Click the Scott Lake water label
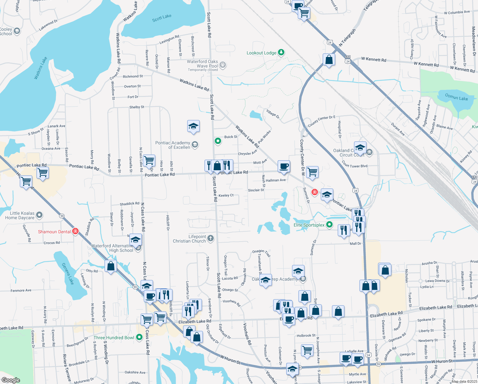(x=162, y=18)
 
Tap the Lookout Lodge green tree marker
(x=281, y=52)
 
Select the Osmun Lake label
(x=456, y=97)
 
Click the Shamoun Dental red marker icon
(x=75, y=231)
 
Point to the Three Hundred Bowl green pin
(x=139, y=337)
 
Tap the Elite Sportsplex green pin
(x=329, y=225)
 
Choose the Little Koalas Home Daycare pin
(x=39, y=215)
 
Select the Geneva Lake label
(x=68, y=274)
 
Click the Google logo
(x=11, y=380)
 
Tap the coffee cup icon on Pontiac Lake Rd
(x=284, y=166)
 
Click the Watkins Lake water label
(x=41, y=68)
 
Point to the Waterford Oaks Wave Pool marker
(x=223, y=65)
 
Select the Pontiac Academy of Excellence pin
(x=195, y=145)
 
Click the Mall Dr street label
(x=355, y=244)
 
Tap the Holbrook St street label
(x=306, y=335)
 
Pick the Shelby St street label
(x=137, y=107)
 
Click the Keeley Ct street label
(x=226, y=195)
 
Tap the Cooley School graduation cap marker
(x=17, y=31)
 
